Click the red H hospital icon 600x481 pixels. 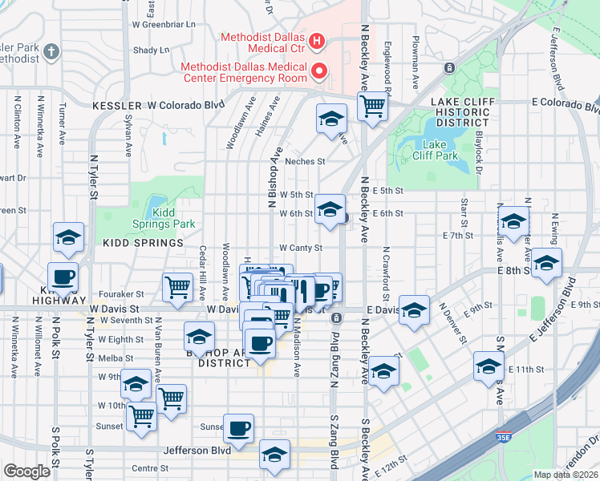(x=317, y=40)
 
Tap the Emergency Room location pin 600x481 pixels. (x=318, y=72)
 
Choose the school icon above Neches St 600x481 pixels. (x=330, y=119)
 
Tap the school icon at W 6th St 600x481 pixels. (x=329, y=209)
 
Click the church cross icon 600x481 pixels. (x=52, y=53)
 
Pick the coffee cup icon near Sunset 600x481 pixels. (x=237, y=428)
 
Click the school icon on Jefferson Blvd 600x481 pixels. (x=274, y=455)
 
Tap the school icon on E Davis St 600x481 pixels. (x=414, y=310)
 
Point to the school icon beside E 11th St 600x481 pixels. (x=488, y=366)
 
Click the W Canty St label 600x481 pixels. (x=301, y=249)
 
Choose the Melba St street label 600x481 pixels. (x=116, y=358)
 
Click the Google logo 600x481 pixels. (x=26, y=471)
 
